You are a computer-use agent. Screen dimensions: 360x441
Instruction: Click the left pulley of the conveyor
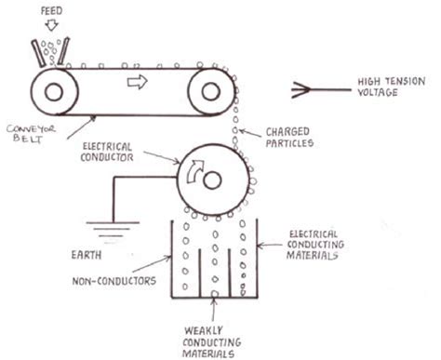click(x=50, y=92)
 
